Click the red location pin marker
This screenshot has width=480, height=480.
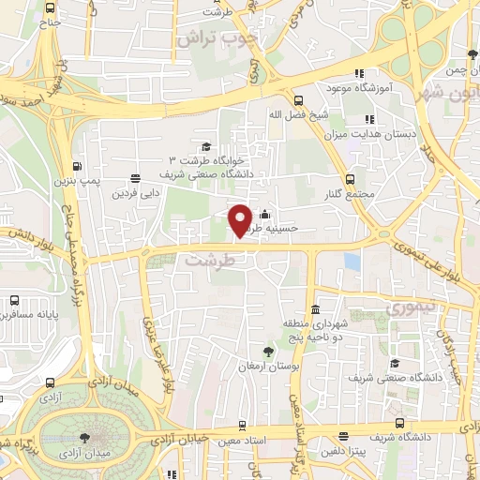point(241,219)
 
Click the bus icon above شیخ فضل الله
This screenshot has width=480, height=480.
point(299,100)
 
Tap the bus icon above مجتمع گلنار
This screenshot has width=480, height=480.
point(351,178)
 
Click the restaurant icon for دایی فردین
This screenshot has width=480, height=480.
point(136,178)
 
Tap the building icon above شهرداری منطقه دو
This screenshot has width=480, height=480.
point(315,309)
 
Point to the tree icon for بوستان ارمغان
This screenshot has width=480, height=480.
point(268,352)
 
